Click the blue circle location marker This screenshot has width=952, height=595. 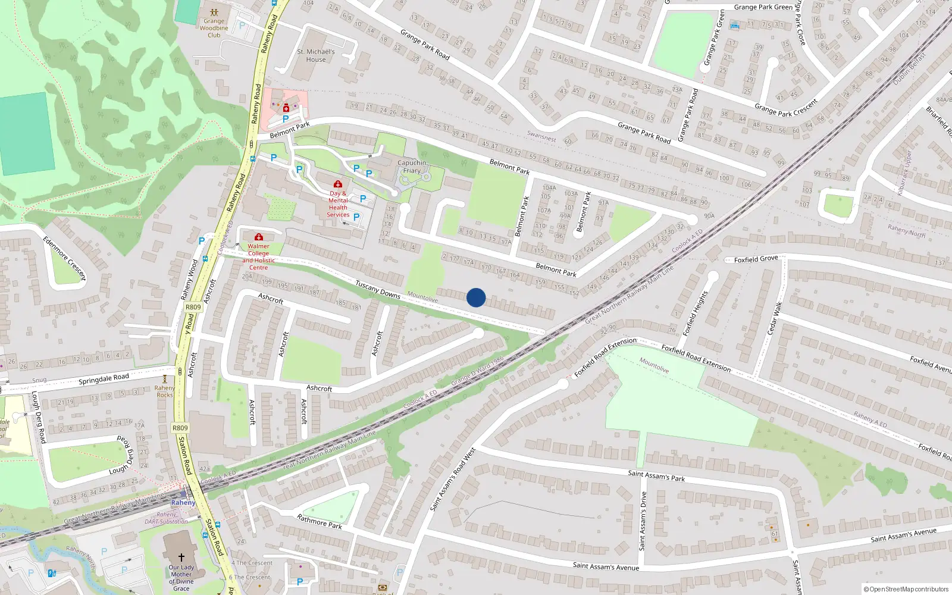tap(476, 297)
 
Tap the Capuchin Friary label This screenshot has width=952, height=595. tap(412, 167)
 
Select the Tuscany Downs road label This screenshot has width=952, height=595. tap(378, 290)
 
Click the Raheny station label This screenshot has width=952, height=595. tap(183, 503)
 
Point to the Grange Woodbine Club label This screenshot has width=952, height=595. tap(214, 28)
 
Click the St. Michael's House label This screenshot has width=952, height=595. tap(316, 55)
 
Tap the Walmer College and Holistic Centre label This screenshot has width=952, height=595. tap(259, 256)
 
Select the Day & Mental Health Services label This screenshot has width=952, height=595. tap(338, 204)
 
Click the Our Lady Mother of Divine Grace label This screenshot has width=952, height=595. tap(181, 578)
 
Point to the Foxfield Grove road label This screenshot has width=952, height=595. tap(756, 259)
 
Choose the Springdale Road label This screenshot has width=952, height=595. tap(104, 379)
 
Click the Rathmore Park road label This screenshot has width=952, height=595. tap(320, 522)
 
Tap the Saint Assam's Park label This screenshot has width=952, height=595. tap(656, 475)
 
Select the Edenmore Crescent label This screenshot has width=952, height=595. tap(64, 258)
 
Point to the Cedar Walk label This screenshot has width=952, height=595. tap(775, 318)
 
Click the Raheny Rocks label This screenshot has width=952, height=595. tap(165, 392)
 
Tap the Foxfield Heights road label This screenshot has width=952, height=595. tap(696, 313)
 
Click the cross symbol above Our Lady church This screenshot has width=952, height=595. tap(181, 558)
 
